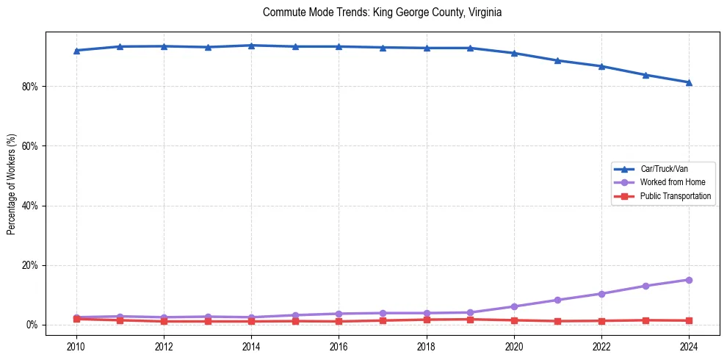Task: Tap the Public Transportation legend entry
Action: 675,196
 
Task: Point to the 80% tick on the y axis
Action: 32,87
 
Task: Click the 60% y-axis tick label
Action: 32,146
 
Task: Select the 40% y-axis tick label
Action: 32,206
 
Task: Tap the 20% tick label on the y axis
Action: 32,265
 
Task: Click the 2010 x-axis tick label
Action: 76,346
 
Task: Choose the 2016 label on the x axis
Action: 339,346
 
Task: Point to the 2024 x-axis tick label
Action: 689,346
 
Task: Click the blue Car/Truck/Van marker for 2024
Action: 689,82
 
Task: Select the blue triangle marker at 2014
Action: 251,46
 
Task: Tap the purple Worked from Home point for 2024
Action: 689,280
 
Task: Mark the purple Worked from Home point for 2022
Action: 601,294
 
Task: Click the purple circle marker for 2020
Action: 514,306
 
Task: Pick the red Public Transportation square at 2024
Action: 689,320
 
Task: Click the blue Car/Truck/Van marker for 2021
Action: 557,60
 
